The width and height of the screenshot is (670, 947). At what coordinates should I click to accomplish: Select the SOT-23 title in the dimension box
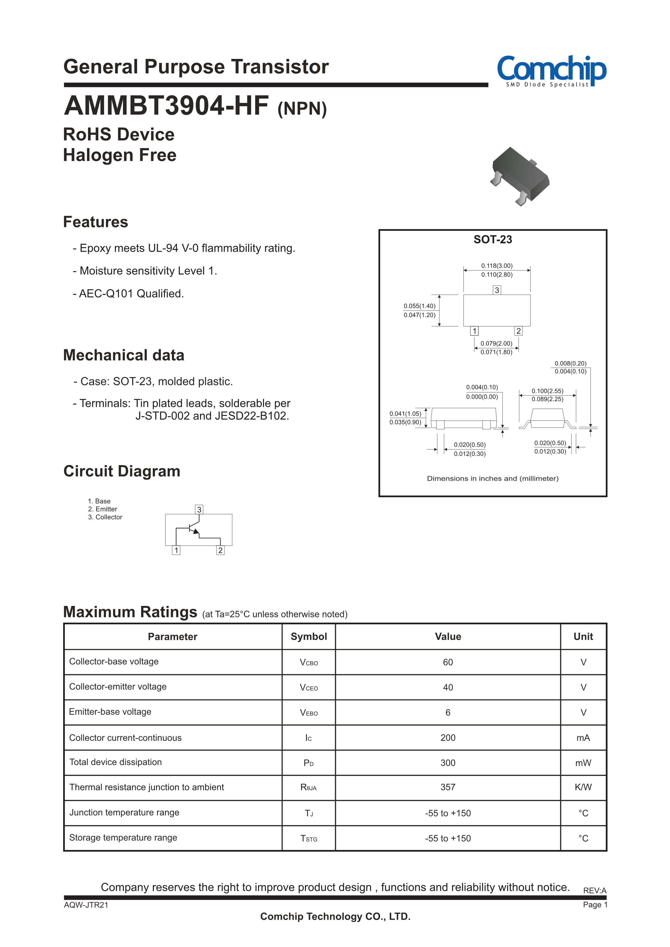493,240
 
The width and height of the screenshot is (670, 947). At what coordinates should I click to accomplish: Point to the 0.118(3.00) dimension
497,266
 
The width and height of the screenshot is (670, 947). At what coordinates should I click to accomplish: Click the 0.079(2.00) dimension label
496,343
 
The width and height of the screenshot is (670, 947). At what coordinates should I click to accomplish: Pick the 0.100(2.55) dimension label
547,391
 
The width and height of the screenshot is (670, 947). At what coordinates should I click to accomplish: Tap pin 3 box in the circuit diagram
199,509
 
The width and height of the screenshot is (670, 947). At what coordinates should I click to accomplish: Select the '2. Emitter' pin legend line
102,509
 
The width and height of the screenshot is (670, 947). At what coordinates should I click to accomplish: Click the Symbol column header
309,636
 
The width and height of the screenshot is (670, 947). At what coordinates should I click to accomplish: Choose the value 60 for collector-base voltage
448,662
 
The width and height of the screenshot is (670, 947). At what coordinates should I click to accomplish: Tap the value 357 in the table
448,787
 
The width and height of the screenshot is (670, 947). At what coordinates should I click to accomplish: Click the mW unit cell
583,763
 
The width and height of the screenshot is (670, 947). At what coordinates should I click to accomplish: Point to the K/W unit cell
583,787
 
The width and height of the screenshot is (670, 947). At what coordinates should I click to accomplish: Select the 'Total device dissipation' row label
115,762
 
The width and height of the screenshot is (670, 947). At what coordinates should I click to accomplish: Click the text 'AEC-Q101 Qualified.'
131,294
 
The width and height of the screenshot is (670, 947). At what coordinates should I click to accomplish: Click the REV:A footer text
595,891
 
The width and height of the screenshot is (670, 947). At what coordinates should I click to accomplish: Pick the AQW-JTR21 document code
86,905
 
